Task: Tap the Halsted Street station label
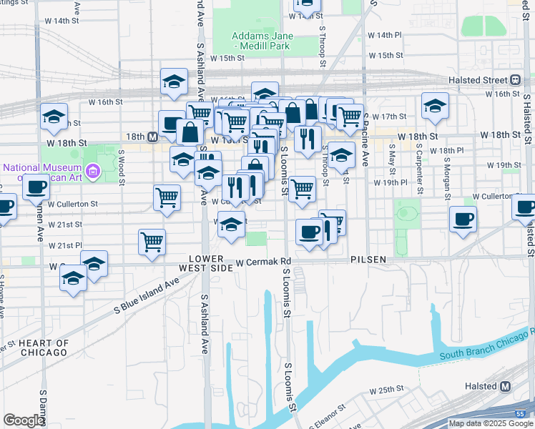click(x=478, y=79)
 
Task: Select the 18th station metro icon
click(x=153, y=136)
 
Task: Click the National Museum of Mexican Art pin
click(x=92, y=172)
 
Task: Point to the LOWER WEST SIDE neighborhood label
click(x=210, y=262)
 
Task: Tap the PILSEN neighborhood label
click(x=368, y=260)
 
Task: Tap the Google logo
click(x=24, y=420)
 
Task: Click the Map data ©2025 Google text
click(x=491, y=423)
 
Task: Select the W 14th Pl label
click(x=386, y=35)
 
